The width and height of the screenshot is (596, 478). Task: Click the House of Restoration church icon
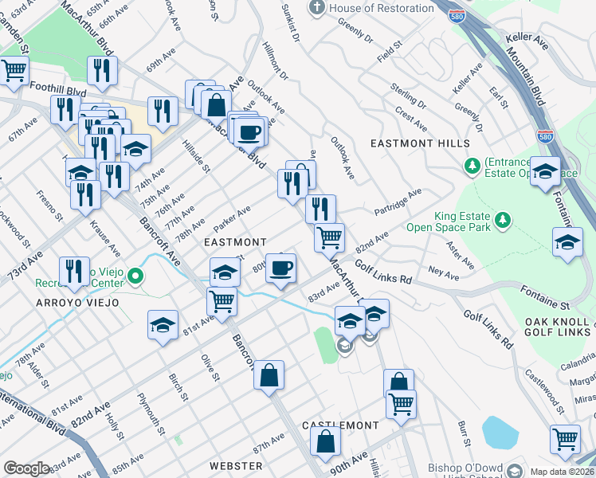318,9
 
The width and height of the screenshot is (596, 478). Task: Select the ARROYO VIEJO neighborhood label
76,303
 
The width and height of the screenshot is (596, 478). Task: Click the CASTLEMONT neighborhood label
334,426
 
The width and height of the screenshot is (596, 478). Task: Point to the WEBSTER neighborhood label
236,465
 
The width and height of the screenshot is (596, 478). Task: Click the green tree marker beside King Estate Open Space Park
502,219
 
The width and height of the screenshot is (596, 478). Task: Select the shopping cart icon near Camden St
14,71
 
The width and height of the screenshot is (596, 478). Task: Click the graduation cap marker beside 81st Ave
163,325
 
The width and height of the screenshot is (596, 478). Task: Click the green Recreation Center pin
136,277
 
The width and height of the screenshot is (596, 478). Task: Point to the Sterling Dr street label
409,94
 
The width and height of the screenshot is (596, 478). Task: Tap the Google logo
27,468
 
